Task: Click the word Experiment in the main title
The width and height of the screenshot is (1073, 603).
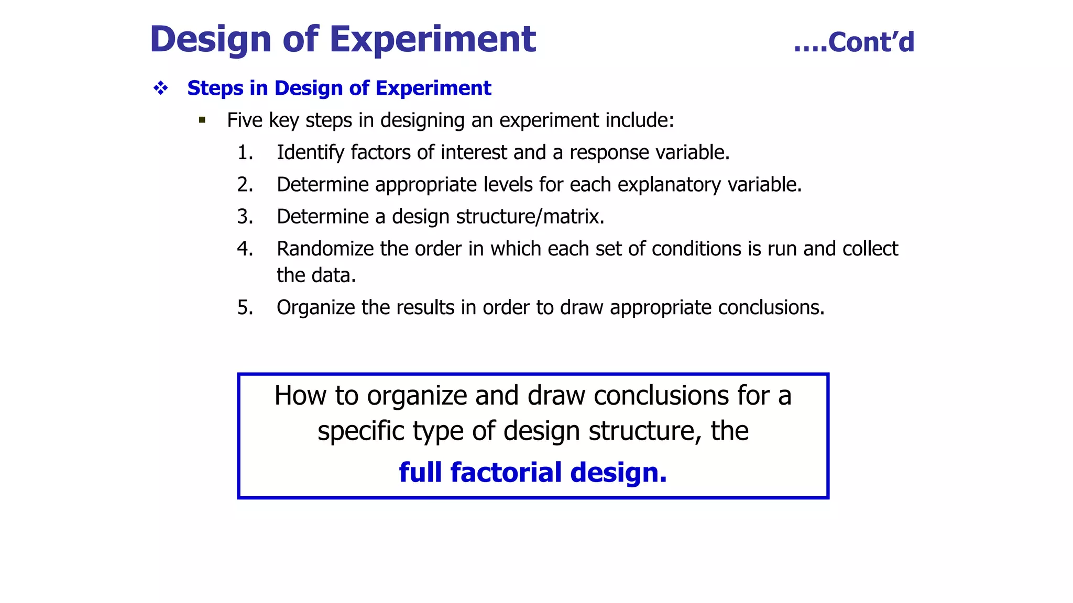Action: [432, 39]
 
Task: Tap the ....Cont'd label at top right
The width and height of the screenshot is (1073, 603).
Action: [854, 42]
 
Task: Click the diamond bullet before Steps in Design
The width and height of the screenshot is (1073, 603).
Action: [161, 88]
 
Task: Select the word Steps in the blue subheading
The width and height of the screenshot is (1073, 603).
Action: [215, 88]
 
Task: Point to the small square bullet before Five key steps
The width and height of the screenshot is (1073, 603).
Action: [202, 120]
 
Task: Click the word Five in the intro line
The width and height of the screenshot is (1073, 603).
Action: [245, 120]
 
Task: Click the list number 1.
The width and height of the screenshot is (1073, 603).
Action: [245, 153]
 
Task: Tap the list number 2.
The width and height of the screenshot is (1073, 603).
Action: [245, 185]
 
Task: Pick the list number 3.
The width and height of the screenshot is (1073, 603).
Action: [245, 217]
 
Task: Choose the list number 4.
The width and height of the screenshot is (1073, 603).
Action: [245, 249]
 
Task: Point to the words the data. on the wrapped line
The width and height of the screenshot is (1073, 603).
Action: [316, 275]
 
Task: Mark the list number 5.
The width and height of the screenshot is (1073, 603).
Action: [245, 308]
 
